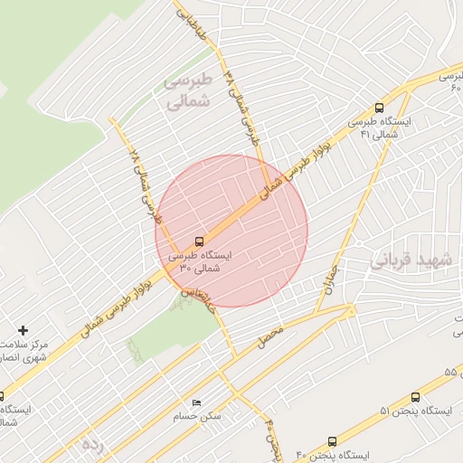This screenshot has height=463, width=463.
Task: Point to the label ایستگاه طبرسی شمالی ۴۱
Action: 380,128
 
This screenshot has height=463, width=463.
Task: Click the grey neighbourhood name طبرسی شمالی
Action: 187,91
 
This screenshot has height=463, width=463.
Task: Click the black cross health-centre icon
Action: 24,331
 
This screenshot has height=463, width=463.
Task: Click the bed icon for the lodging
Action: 196,403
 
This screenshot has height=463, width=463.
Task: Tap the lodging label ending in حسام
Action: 197,418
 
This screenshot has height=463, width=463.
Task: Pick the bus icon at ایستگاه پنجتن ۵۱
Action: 415,397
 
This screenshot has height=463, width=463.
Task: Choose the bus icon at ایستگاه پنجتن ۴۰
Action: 333,442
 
